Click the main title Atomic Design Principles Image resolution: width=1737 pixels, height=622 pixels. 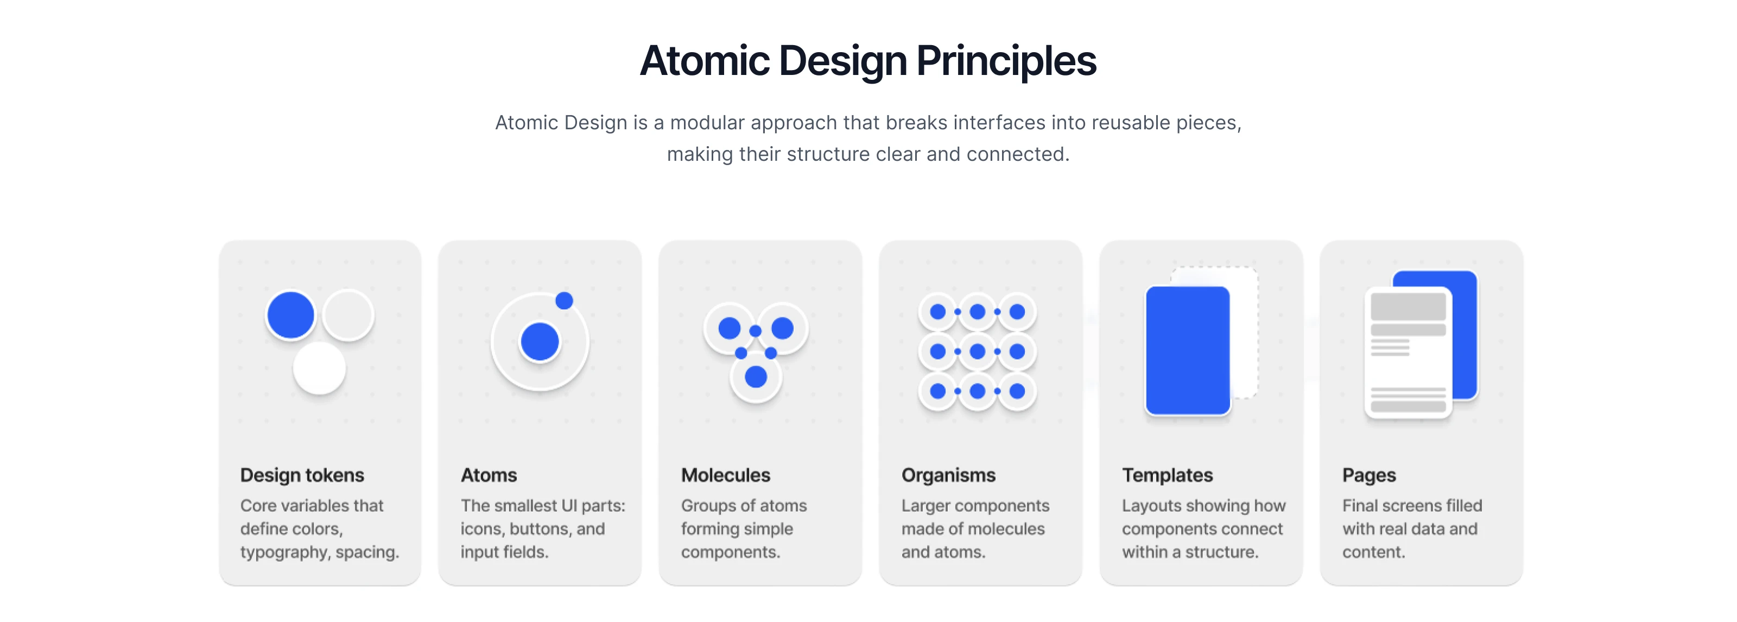[868, 61]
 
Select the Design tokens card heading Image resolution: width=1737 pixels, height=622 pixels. [302, 475]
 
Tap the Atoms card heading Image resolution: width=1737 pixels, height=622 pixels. [489, 475]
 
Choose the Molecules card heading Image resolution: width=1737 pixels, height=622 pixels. [726, 475]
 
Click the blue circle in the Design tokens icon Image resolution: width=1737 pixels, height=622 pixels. [290, 315]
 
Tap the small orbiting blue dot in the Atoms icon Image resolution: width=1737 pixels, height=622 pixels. [565, 300]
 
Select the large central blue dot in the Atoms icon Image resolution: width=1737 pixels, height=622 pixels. [540, 341]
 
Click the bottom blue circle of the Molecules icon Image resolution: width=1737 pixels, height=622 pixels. [756, 376]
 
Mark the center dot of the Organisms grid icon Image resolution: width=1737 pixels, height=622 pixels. [977, 351]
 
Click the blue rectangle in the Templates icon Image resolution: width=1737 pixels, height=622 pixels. [1188, 350]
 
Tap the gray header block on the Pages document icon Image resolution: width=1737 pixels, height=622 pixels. [1409, 306]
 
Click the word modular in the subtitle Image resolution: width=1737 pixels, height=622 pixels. [707, 123]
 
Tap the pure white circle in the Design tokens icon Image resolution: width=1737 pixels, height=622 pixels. [319, 368]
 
